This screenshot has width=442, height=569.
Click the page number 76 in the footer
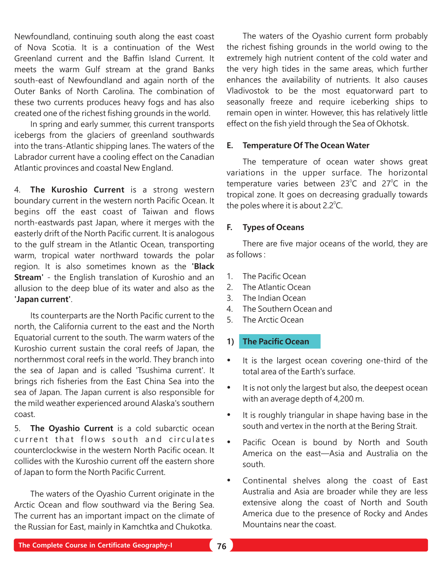pyautogui.click(x=222, y=546)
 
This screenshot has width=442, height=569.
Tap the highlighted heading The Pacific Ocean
pyautogui.click(x=276, y=342)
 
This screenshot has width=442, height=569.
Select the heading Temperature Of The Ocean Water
pyautogui.click(x=306, y=145)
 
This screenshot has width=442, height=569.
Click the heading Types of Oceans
pyautogui.click(x=273, y=227)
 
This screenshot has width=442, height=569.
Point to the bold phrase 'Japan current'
pyautogui.click(x=42, y=300)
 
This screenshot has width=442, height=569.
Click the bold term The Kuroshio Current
pyautogui.click(x=77, y=190)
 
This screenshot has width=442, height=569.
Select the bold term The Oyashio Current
pyautogui.click(x=72, y=429)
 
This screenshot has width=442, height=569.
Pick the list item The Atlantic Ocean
pyautogui.click(x=276, y=287)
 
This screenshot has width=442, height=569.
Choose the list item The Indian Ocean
pyautogui.click(x=274, y=298)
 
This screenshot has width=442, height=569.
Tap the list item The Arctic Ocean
pyautogui.click(x=273, y=320)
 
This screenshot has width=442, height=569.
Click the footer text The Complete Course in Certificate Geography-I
pyautogui.click(x=95, y=545)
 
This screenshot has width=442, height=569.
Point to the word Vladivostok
pyautogui.click(x=248, y=91)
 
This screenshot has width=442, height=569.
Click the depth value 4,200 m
pyautogui.click(x=348, y=399)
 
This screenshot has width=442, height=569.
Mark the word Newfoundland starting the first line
pyautogui.click(x=42, y=37)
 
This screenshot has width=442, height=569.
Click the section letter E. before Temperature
pyautogui.click(x=230, y=146)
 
